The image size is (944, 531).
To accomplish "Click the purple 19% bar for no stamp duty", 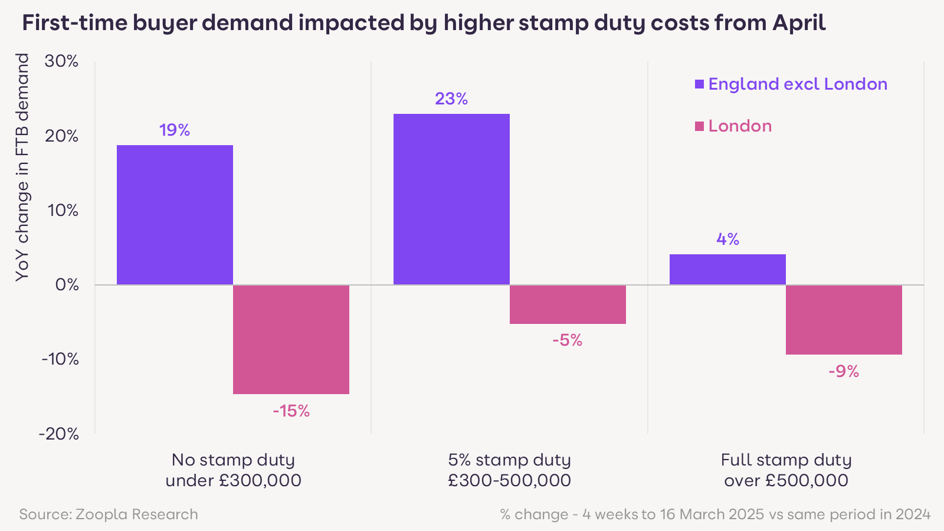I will pos(175,215).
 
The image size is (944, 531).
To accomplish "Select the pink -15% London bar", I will pos(291,339).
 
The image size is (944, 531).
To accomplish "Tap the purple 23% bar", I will pos(451,199).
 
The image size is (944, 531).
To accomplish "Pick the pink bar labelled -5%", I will pos(568,304).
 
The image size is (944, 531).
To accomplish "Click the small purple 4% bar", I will pos(727,270).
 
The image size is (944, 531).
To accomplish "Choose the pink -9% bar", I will pos(844,320).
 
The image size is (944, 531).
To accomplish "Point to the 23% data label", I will pos(451,99).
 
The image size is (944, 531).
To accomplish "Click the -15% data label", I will pos(291,411).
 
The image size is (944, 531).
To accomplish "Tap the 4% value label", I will pos(727,239).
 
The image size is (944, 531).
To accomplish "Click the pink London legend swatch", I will pos(700,126).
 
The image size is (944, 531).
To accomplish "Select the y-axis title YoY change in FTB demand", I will pos(22,167).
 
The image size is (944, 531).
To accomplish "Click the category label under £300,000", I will pos(233,470).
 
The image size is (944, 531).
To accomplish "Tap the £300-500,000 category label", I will pos(509,470).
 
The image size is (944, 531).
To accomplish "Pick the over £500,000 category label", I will pos(786,470).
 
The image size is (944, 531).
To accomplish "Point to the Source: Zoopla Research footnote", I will pos(109,514).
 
